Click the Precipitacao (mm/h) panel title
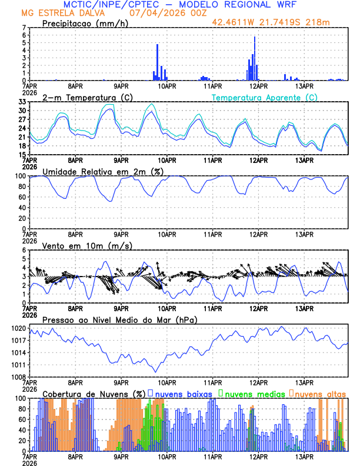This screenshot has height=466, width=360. (x=85, y=23)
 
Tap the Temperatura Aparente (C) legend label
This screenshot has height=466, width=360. (x=265, y=97)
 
